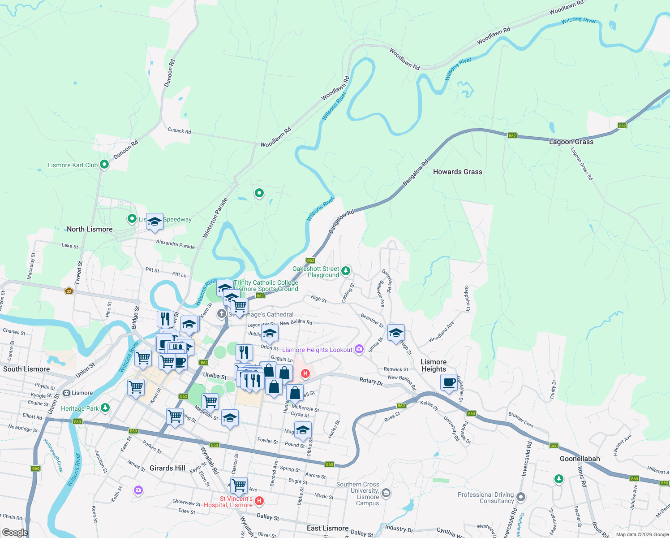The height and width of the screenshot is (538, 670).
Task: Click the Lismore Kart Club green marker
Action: pos(104,165)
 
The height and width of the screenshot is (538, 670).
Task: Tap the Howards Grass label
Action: pos(457,172)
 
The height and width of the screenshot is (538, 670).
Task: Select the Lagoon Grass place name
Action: pos(571,142)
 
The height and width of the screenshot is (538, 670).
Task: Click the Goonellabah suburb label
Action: pos(580,459)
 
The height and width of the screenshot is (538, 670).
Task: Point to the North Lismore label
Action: pos(90,229)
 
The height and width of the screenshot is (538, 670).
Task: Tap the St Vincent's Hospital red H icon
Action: pos(259,500)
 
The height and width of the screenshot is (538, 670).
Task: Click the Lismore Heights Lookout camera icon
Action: pos(359,349)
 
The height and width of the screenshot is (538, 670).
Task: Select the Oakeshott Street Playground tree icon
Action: pos(345,271)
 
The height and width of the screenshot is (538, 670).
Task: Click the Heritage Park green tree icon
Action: pos(105,408)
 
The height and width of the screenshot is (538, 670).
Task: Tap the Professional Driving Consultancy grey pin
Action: pos(520,497)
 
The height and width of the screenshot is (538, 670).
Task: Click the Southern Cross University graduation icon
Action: pos(386,494)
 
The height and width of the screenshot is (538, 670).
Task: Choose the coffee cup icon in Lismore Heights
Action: pos(449,382)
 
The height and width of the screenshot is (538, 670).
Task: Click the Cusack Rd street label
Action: pos(179,130)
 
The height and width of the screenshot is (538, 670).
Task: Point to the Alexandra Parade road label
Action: pos(175,244)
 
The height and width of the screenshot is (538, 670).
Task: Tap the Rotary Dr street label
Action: pos(371,381)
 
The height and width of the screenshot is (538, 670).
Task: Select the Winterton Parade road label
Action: pos(215,218)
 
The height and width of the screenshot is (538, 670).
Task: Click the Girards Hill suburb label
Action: pos(167,468)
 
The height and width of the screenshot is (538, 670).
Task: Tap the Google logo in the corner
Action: pos(15,532)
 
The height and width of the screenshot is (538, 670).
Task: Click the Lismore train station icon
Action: pos(67,393)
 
